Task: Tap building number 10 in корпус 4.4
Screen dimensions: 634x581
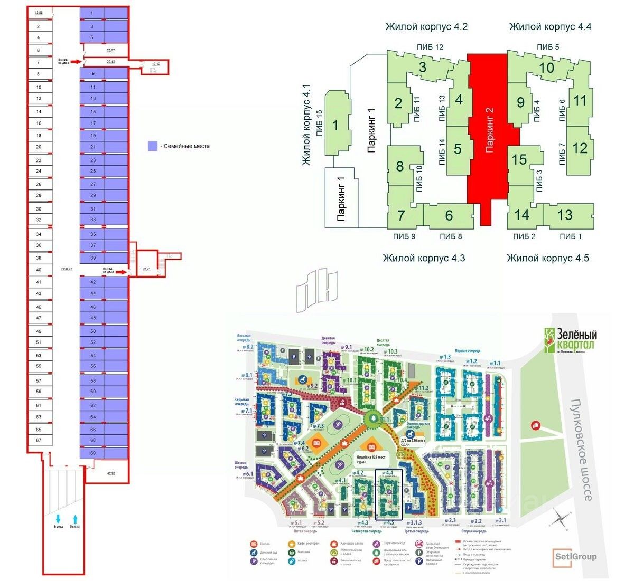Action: tap(547, 68)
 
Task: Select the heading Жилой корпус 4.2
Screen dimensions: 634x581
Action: tap(426, 26)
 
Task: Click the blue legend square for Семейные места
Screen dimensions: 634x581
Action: tap(152, 146)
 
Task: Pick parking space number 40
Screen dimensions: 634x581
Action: tap(39, 270)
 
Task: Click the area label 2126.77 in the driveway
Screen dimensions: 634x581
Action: tap(67, 269)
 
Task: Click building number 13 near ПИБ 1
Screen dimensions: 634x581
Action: tap(565, 214)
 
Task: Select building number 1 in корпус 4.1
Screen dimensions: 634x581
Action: tap(335, 125)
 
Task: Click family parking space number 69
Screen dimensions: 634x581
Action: tap(93, 453)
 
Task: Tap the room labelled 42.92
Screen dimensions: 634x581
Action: tap(110, 473)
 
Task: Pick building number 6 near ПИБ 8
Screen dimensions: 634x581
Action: tap(449, 215)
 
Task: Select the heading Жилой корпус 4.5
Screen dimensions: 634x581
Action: tap(548, 258)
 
